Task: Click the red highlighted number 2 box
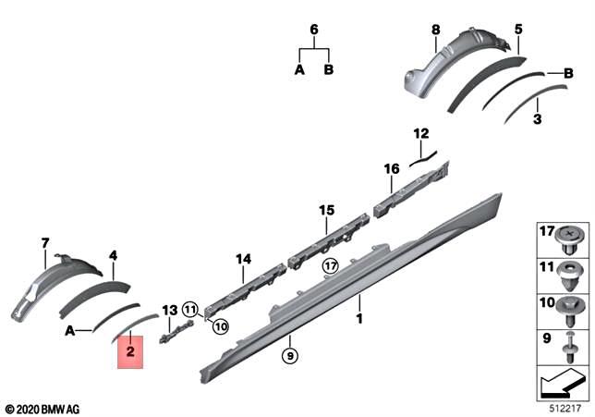point(130,351)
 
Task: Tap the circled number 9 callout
point(289,355)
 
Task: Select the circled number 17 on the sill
point(330,266)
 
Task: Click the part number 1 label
point(360,318)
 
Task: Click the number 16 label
point(392,168)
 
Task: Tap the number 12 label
point(421,133)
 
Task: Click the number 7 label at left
point(43,243)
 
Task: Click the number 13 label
point(169,310)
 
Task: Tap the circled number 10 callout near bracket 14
point(219,325)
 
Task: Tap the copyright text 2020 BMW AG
point(42,408)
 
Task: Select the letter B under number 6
point(330,69)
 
